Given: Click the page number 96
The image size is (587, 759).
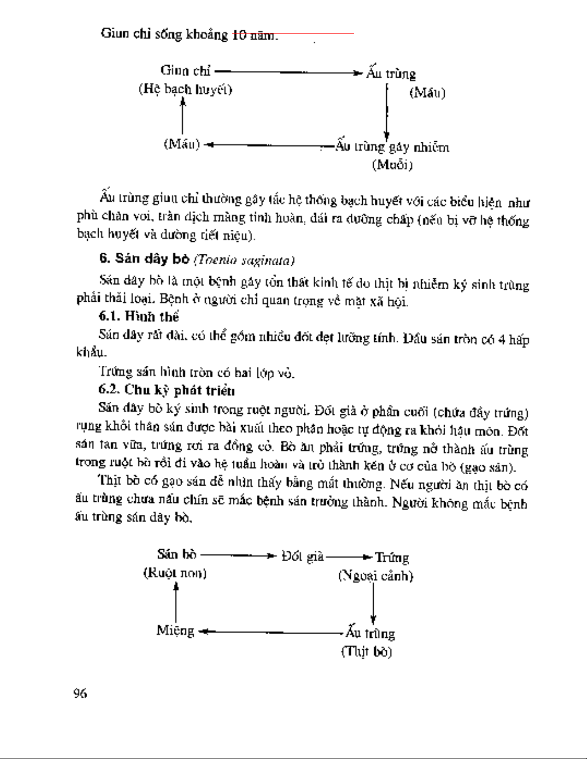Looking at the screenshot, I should pyautogui.click(x=80, y=693).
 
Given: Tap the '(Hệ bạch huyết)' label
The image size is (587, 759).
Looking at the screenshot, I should pyautogui.click(x=185, y=90).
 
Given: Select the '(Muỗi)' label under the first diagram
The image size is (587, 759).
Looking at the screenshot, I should pyautogui.click(x=392, y=165).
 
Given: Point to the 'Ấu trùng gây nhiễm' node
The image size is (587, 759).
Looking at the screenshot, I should pyautogui.click(x=392, y=147).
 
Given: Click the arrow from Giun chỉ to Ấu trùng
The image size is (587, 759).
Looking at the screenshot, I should pyautogui.click(x=288, y=73).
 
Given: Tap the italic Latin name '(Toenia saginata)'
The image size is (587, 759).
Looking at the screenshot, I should pyautogui.click(x=244, y=260).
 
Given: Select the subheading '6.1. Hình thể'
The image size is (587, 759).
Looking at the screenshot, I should pyautogui.click(x=138, y=317).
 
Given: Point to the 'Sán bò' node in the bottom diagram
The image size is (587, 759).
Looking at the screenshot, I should pyautogui.click(x=176, y=554).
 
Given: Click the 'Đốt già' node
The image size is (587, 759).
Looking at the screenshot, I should pyautogui.click(x=302, y=556).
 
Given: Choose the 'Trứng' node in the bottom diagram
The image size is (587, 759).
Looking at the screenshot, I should pyautogui.click(x=391, y=557).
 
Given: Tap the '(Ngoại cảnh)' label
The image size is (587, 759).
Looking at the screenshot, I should pyautogui.click(x=376, y=576).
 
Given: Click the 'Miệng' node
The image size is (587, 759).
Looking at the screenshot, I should pyautogui.click(x=175, y=631).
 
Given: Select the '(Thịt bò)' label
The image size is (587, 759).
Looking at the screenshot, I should pyautogui.click(x=367, y=652).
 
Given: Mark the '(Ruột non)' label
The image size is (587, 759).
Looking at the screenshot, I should pyautogui.click(x=175, y=573).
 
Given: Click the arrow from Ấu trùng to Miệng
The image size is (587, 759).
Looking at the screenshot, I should pyautogui.click(x=271, y=633).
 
